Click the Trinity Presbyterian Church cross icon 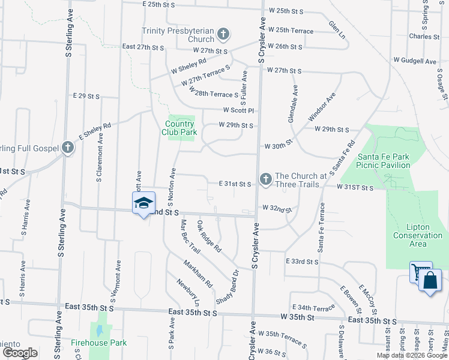click(x=223, y=34)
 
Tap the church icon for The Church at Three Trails click(x=265, y=179)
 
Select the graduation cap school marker click(x=143, y=204)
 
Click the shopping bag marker click(x=430, y=281)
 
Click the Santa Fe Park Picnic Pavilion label click(x=382, y=160)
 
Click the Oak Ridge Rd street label click(x=209, y=236)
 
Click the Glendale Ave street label click(x=292, y=103)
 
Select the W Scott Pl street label click(x=239, y=110)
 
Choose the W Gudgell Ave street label click(x=415, y=61)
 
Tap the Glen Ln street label click(x=337, y=29)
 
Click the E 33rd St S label click(x=302, y=262)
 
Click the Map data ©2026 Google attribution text click(x=412, y=355)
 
